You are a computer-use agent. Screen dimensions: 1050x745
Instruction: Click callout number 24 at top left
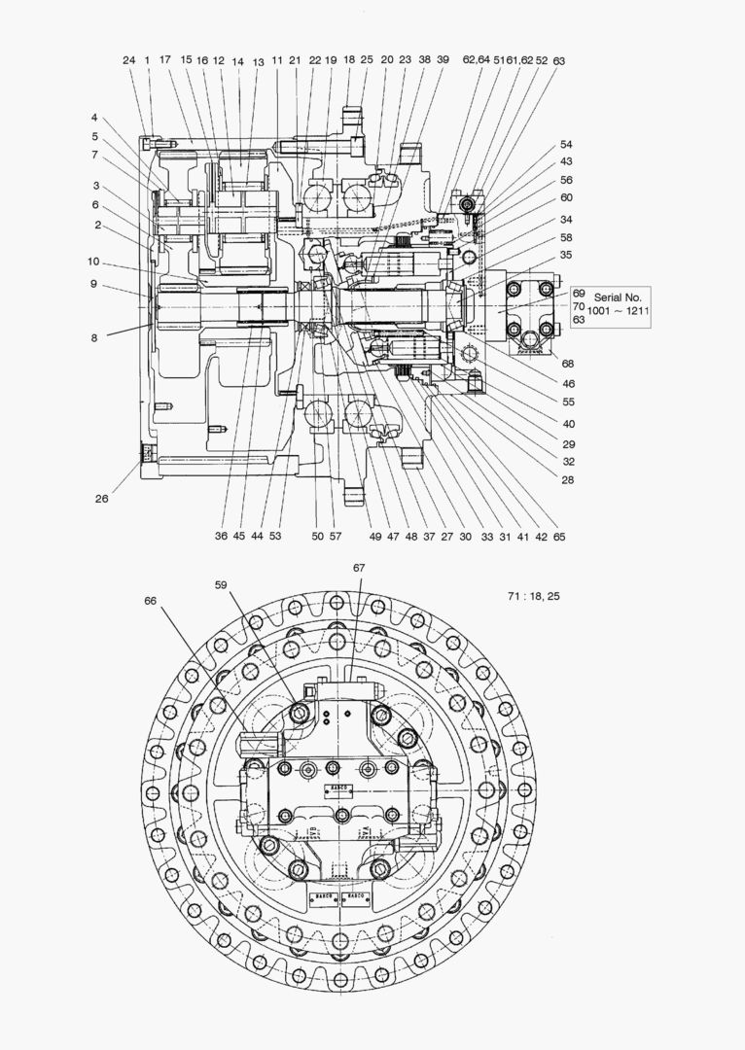(128, 60)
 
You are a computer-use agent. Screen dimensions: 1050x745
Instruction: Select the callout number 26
(102, 499)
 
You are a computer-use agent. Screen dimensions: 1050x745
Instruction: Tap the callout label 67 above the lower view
(359, 567)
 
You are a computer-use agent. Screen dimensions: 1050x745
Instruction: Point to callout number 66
(150, 601)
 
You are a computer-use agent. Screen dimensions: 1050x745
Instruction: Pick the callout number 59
(222, 584)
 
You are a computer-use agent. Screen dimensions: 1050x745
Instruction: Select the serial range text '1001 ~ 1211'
(617, 311)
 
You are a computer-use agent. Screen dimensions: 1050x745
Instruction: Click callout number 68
(567, 365)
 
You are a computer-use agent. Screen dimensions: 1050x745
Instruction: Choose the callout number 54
(566, 145)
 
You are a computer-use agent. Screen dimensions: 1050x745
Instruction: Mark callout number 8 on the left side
(94, 338)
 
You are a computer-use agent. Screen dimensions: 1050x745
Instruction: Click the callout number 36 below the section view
(221, 536)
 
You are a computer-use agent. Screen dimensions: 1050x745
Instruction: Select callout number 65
(558, 536)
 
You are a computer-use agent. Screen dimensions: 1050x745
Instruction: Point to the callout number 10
(94, 262)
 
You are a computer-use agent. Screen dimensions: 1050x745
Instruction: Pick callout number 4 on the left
(94, 119)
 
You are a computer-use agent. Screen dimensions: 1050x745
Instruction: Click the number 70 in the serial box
(578, 305)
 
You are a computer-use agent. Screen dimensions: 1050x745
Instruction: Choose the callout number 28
(567, 479)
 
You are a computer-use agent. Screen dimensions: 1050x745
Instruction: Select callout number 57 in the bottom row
(336, 536)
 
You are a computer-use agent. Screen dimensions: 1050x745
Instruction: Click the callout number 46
(567, 384)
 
